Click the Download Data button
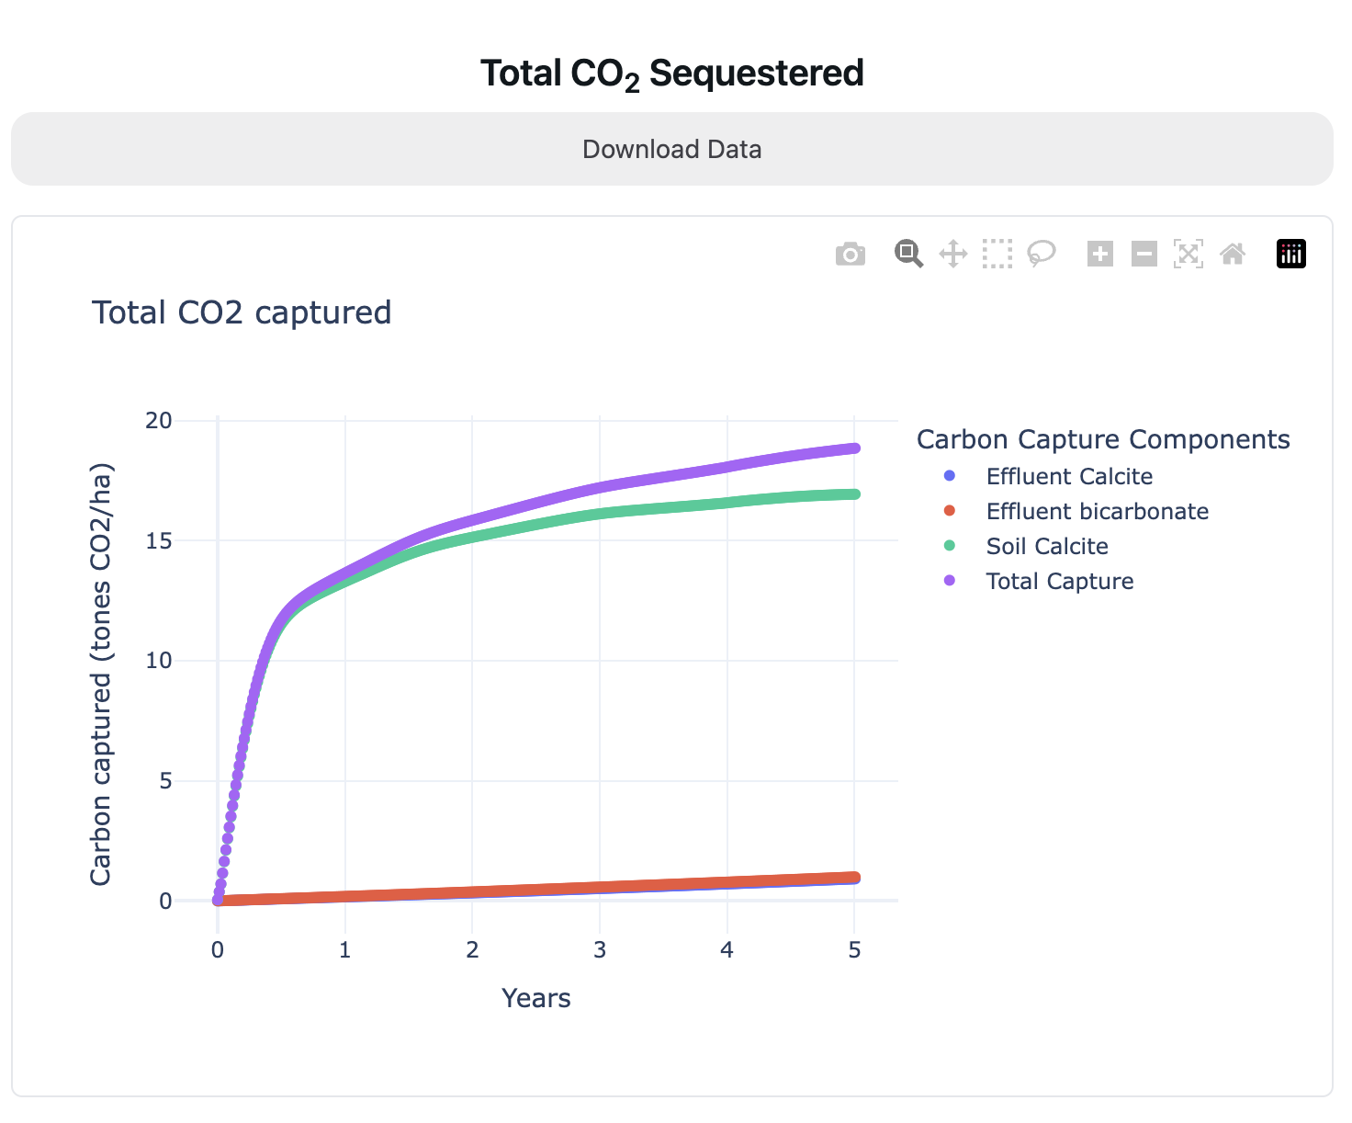click(x=671, y=149)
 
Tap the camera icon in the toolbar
click(x=851, y=254)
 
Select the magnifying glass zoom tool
click(x=908, y=254)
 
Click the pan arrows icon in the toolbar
click(x=953, y=254)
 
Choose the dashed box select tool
click(x=997, y=254)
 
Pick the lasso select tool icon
click(x=1042, y=254)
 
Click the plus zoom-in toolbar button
click(x=1099, y=254)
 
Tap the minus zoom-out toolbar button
click(x=1144, y=254)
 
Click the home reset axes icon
click(x=1233, y=254)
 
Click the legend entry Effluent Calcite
click(x=1068, y=476)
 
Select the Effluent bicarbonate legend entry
click(x=1097, y=511)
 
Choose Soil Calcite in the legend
click(x=1046, y=546)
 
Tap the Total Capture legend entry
click(x=1059, y=581)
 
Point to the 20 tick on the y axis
click(x=159, y=420)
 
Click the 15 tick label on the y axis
click(x=159, y=540)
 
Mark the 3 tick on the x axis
click(x=600, y=949)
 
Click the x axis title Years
click(x=536, y=998)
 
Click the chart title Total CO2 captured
click(x=242, y=312)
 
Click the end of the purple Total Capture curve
click(x=854, y=448)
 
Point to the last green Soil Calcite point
click(x=854, y=494)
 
